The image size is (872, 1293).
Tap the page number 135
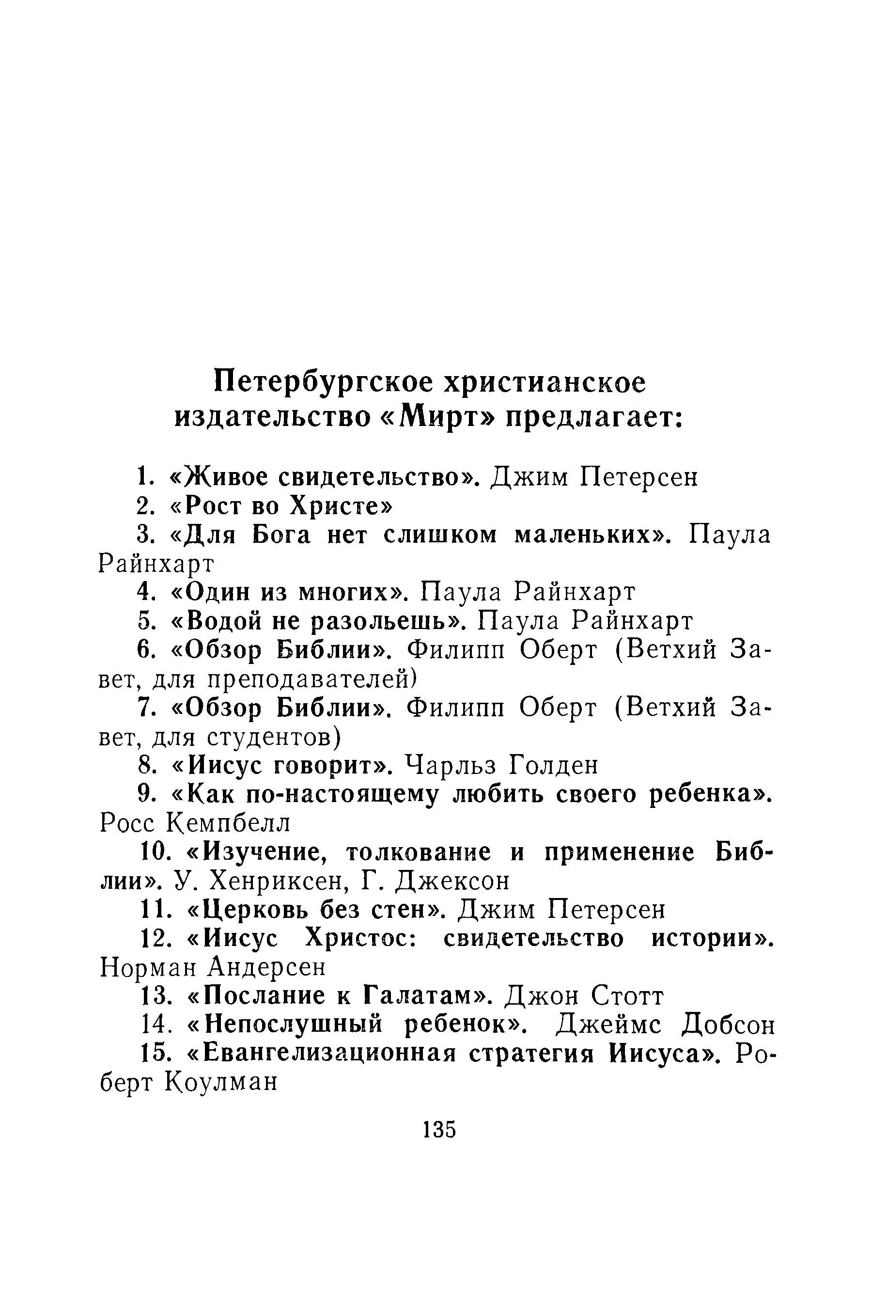(x=439, y=1130)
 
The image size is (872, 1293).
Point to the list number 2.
(x=143, y=506)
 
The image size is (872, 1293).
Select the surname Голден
(x=553, y=766)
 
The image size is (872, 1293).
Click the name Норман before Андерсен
(x=148, y=969)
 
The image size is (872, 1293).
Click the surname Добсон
(x=729, y=1025)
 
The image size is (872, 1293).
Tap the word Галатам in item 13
(x=422, y=996)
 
